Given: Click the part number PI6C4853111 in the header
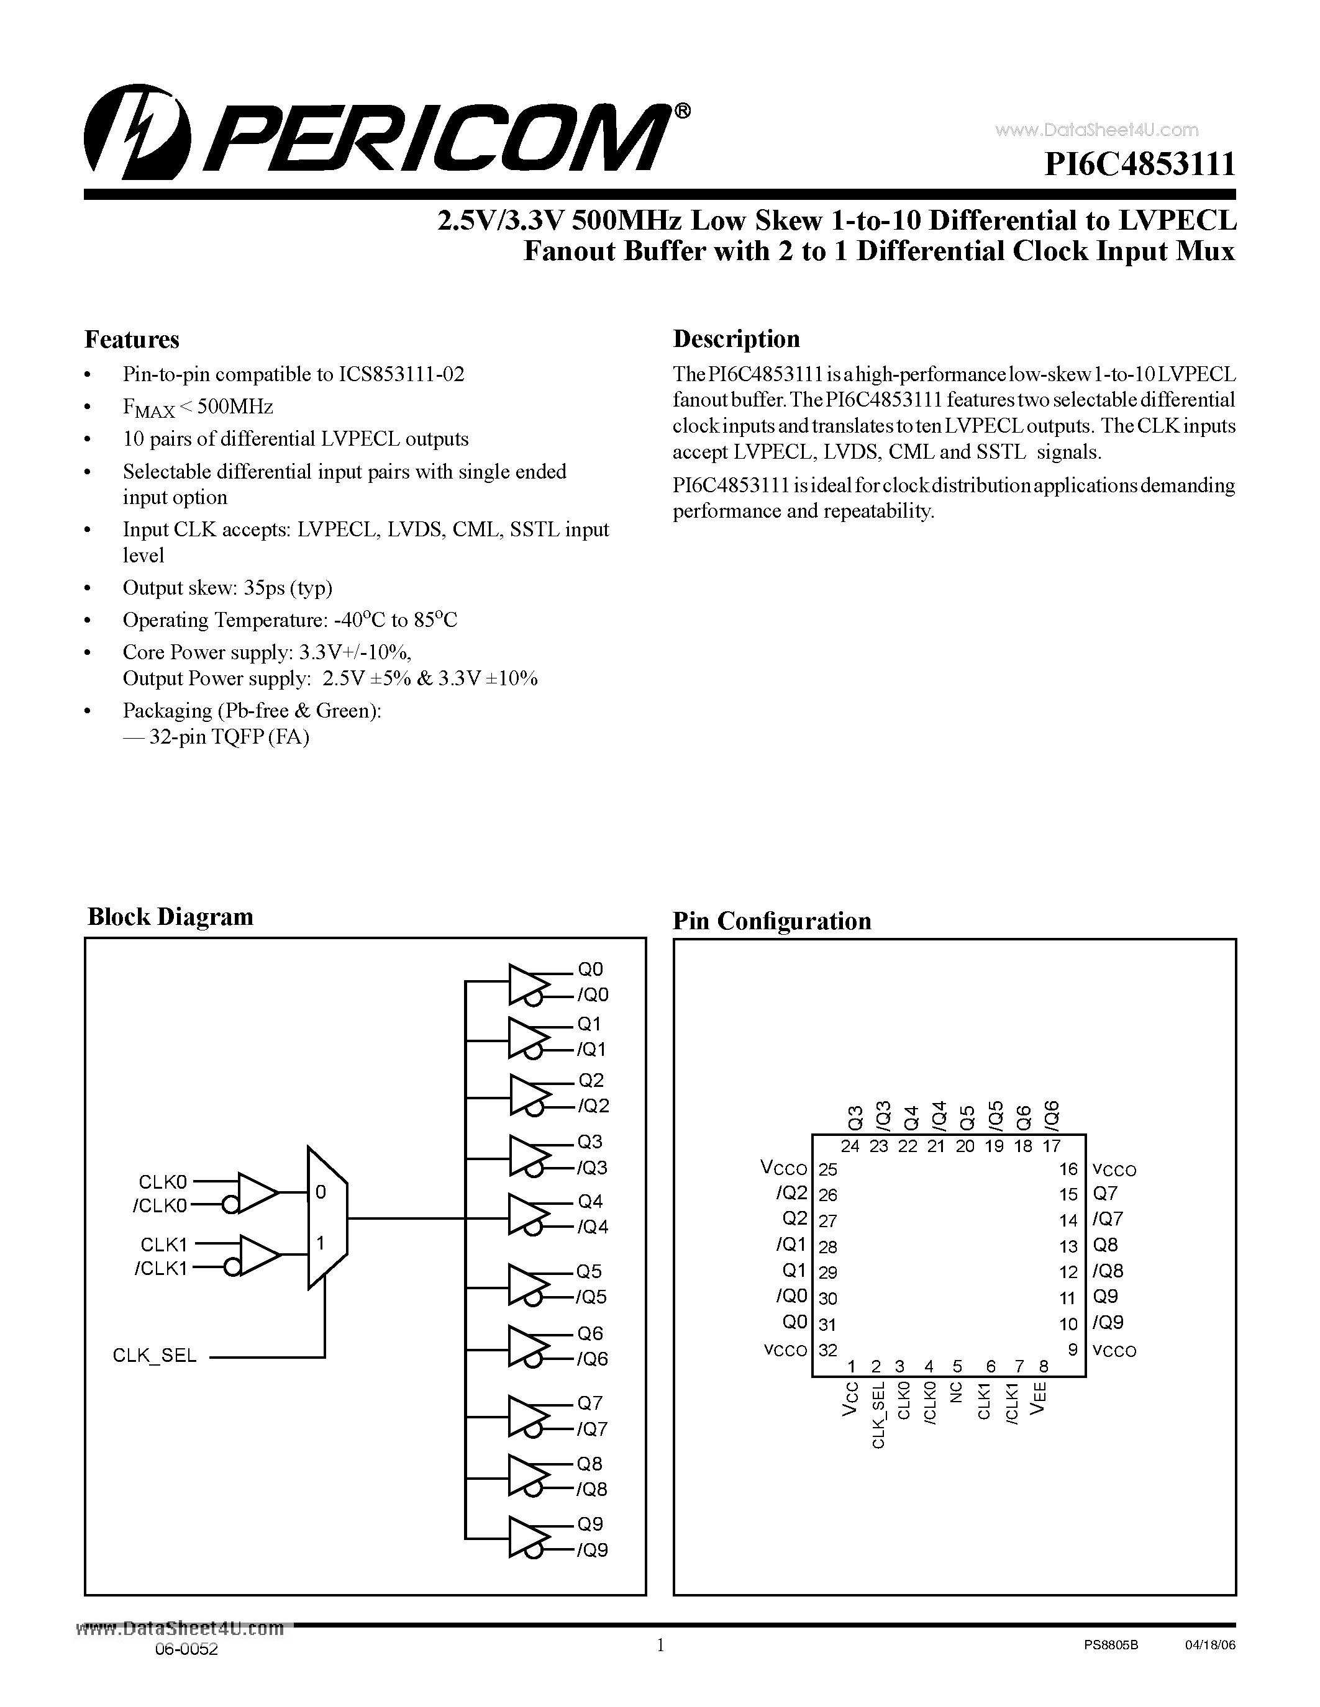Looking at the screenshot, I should (1140, 165).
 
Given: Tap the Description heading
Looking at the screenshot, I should (736, 338).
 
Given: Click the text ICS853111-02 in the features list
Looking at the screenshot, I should (401, 374).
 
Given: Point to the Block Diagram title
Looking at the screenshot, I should (170, 916).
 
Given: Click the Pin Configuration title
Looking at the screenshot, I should (772, 921).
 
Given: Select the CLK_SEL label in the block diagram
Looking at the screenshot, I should (155, 1355).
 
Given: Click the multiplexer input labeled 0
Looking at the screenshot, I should (321, 1192).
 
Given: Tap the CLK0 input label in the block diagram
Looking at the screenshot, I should (163, 1182).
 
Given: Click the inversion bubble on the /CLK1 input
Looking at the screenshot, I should (230, 1268).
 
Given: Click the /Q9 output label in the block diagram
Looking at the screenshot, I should (592, 1550).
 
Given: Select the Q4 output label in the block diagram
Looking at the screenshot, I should (590, 1200).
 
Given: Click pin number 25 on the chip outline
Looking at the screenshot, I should (827, 1169).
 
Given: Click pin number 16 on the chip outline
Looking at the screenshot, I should (1068, 1169).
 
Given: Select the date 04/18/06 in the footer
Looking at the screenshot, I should (1209, 1644).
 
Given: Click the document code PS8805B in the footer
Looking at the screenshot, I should (1111, 1644).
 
